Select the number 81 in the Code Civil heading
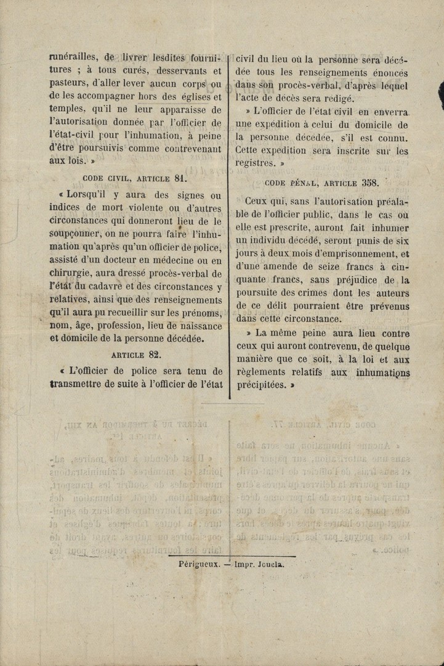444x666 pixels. click(x=180, y=178)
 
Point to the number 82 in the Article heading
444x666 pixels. click(x=155, y=355)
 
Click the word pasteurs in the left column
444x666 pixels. click(x=69, y=84)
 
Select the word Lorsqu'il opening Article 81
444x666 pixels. click(x=83, y=195)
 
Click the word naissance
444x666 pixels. click(x=198, y=325)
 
